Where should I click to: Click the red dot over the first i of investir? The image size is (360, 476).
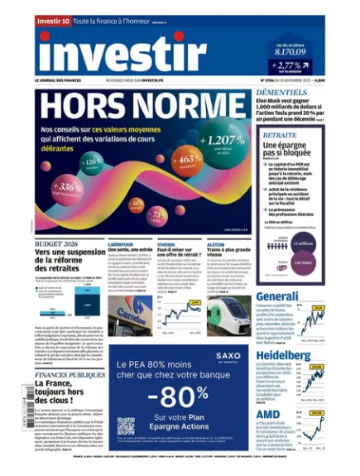point(46,37)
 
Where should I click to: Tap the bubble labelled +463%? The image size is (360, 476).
point(188,157)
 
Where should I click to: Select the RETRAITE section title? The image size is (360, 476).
point(280,135)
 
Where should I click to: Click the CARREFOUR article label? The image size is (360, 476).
point(120,245)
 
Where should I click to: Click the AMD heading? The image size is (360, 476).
point(266,413)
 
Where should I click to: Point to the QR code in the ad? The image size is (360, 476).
point(125,426)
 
